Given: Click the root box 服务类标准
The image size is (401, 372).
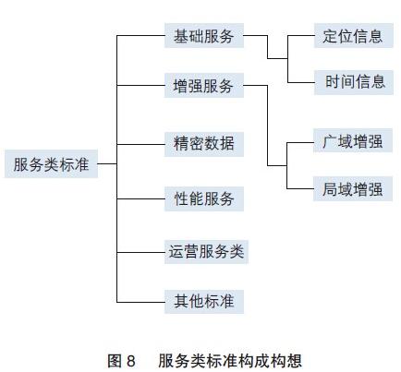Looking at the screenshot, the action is pos(52,163).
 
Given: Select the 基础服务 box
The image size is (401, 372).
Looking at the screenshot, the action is pos(204,36).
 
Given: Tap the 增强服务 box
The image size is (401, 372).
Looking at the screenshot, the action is pos(204,86).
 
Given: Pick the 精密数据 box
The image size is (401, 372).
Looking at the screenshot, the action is pos(204,144).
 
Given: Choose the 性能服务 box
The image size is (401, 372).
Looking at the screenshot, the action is pos(204,198).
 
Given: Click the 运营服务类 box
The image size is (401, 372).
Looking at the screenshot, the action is pos(206,252).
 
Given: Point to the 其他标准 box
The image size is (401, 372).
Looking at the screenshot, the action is pos(204,302).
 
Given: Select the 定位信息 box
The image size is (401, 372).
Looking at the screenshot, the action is pos(354,36).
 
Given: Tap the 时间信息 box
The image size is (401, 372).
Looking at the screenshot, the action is pos(354,82).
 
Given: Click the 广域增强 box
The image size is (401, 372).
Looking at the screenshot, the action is pos(353,141).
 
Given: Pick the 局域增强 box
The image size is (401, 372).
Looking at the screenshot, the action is pos(353,189).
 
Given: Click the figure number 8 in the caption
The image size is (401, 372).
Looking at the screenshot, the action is pos(131,361).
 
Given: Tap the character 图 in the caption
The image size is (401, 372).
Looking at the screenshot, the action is pos(115,361).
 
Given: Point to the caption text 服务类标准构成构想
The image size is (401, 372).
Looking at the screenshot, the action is pos(230,361).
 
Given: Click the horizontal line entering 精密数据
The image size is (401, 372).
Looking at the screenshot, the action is pos(140,144).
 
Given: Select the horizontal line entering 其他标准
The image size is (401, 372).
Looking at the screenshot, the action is pos(140,302).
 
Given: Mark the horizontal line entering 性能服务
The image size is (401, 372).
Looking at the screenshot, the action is pos(140,198).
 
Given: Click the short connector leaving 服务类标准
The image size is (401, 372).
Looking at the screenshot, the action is pos(107,163).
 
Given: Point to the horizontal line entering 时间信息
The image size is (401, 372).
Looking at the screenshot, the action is pos(301,82).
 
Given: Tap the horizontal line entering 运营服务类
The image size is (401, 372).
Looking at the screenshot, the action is pos(140,252).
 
